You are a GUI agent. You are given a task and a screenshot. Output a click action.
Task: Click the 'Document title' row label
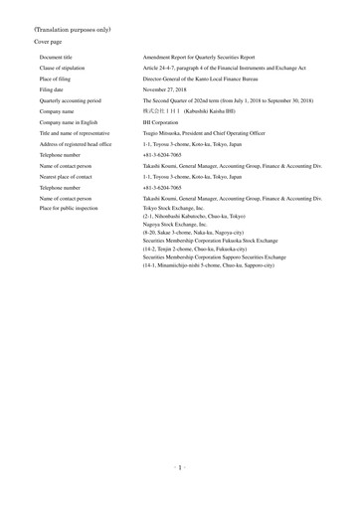tap(59, 61)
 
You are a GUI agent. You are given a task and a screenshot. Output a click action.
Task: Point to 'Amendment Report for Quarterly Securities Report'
tap(206, 61)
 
